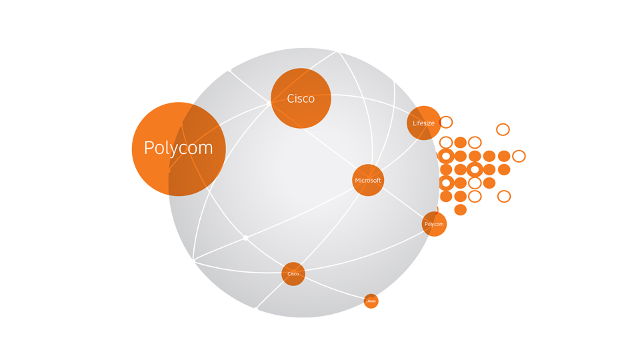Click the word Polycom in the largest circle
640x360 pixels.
click(x=178, y=148)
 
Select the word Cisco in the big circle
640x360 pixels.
click(x=301, y=99)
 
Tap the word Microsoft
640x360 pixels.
click(x=368, y=181)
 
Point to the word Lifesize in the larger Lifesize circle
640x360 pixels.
click(x=423, y=123)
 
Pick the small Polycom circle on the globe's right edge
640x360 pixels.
click(x=434, y=224)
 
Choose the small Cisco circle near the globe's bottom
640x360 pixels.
click(x=293, y=274)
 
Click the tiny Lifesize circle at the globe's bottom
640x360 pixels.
click(x=371, y=301)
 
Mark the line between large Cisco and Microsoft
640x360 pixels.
click(x=330, y=148)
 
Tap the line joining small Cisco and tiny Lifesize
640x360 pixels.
click(x=333, y=288)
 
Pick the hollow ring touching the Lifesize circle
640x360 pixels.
click(x=446, y=122)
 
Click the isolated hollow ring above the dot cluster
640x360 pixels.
click(x=503, y=129)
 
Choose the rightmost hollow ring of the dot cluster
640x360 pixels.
click(x=519, y=156)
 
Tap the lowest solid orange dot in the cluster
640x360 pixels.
click(x=460, y=210)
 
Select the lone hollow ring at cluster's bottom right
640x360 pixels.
click(x=504, y=196)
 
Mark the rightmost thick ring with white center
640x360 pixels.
click(x=475, y=169)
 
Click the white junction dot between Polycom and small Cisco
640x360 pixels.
click(x=246, y=238)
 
